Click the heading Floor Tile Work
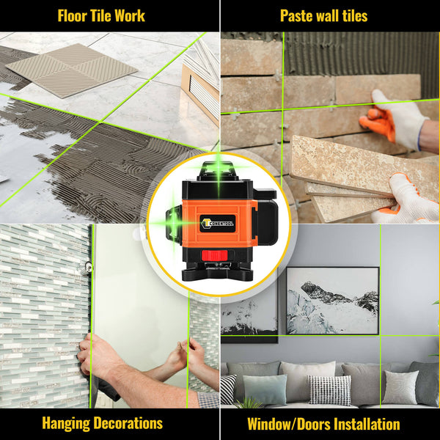[x=101, y=15]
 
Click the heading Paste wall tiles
[x=323, y=15]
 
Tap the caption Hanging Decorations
[x=102, y=423]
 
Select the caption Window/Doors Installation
[x=323, y=424]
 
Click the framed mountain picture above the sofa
[x=332, y=300]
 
